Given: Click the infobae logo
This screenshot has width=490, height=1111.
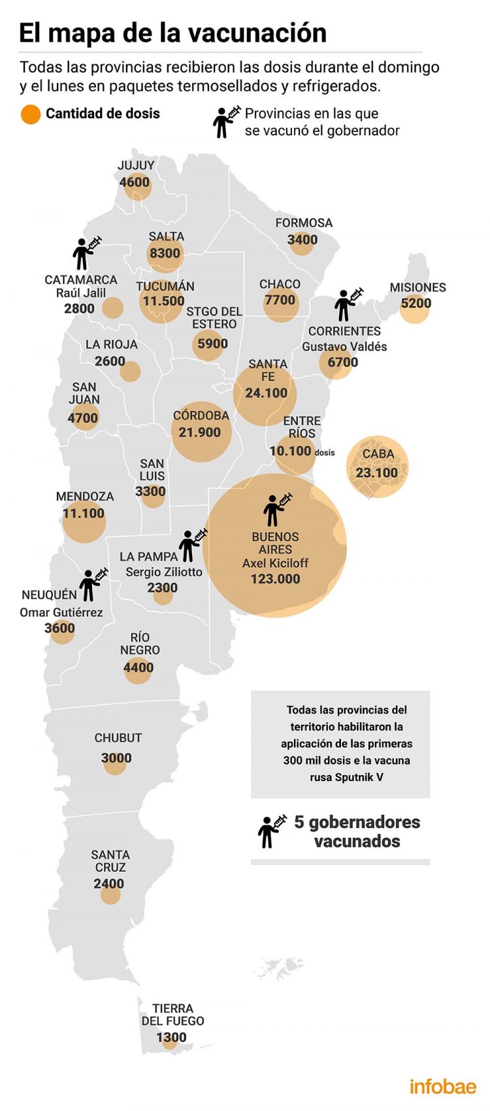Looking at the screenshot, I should [x=442, y=1086].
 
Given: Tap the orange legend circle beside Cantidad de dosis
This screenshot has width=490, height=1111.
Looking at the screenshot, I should [x=31, y=114].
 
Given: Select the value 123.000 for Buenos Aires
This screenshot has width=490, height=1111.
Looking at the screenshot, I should [x=275, y=579].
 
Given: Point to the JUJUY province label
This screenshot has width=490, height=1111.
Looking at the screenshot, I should [x=136, y=165].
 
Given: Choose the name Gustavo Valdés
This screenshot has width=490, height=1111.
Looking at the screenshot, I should [x=344, y=346].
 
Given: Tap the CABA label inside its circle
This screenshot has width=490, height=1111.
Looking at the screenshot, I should [x=378, y=454].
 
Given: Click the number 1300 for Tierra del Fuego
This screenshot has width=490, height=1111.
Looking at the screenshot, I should [x=171, y=1037].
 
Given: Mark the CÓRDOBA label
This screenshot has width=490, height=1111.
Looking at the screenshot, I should [x=201, y=416].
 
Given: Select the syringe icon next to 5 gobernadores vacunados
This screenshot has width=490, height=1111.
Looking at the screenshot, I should [x=272, y=831].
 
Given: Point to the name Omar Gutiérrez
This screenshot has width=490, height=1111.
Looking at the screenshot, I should [x=61, y=612].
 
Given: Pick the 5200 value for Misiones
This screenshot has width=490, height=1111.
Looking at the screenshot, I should [x=416, y=303].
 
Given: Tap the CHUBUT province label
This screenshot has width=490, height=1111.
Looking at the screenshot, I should [x=118, y=738].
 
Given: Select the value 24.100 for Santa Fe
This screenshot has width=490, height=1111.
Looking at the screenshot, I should [x=266, y=393].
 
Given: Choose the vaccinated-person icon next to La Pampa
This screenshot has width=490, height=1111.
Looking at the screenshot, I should [x=192, y=545].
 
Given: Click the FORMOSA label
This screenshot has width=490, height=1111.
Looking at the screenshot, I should [x=304, y=223].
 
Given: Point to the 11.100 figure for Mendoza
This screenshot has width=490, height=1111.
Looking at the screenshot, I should [x=84, y=514].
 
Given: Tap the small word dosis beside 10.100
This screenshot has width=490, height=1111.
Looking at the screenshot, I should [x=325, y=452].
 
